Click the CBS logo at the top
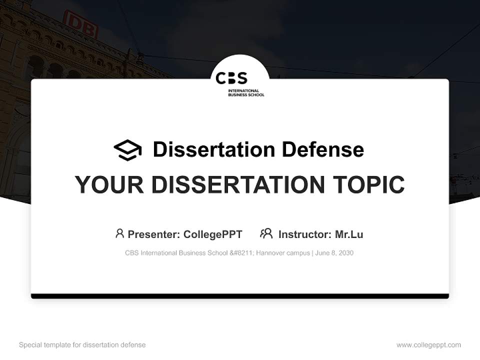pos(231,78)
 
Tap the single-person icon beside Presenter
pos(119,233)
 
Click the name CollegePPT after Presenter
pos(213,234)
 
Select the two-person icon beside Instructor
pos(266,233)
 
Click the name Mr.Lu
pos(349,234)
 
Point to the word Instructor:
pos(304,234)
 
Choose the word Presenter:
pos(154,234)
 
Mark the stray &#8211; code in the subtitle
pos(242,253)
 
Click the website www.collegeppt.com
pos(428,345)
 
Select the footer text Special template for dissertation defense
pos(82,345)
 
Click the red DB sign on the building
pos(80,23)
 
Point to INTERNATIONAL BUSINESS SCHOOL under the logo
pos(246,92)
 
